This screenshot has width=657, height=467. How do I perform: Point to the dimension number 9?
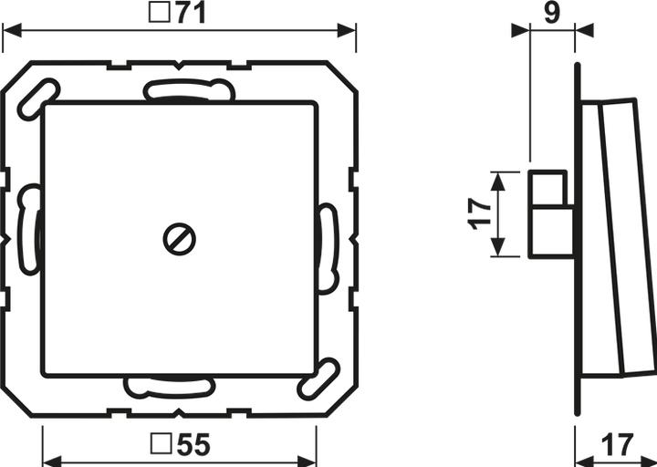(552, 14)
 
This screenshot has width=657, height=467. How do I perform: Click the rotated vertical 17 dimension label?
(480, 213)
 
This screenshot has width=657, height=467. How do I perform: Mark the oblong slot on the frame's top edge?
(189, 90)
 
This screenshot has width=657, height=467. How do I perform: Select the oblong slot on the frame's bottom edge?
(170, 387)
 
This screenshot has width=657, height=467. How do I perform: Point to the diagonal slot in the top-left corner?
(38, 99)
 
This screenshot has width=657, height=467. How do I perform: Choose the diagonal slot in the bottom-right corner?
(319, 379)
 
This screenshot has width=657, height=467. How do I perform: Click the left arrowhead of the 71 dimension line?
(11, 30)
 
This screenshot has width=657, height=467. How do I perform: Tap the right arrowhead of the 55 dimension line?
(308, 459)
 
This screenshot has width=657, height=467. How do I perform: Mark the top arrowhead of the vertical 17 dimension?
(497, 178)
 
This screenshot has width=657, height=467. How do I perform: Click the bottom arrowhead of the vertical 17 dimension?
(497, 249)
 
